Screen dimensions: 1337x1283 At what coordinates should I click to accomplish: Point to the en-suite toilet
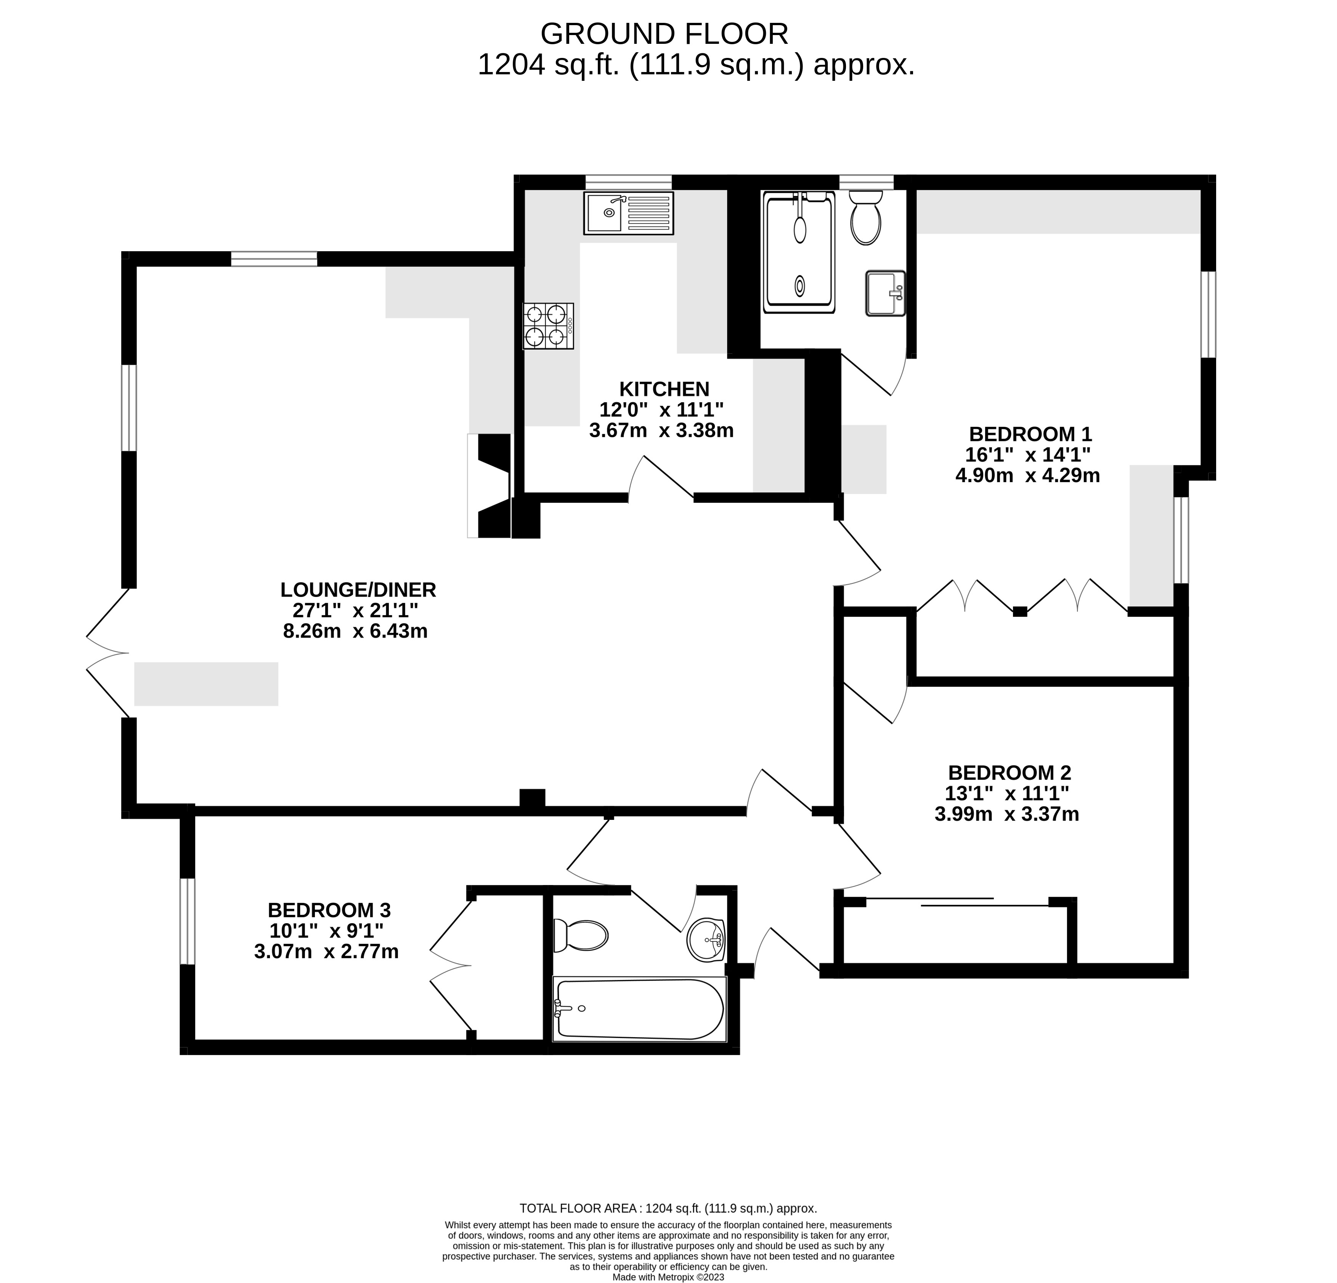coord(866,217)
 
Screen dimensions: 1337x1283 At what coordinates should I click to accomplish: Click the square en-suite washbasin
coord(885,293)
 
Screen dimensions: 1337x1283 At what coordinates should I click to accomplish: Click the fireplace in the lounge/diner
coord(489,486)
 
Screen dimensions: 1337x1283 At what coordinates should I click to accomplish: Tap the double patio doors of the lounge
coord(108,653)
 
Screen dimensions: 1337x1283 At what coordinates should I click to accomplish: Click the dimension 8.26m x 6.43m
coord(355,631)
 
